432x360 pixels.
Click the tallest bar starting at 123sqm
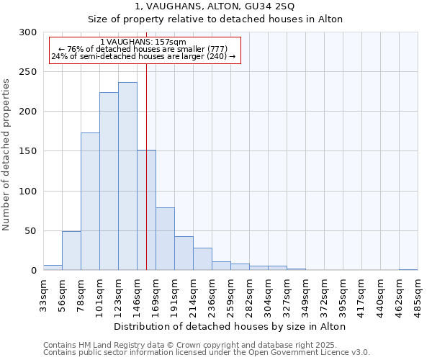[127, 176]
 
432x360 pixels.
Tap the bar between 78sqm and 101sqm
[90, 202]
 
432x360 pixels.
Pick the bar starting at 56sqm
[71, 251]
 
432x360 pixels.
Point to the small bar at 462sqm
[408, 269]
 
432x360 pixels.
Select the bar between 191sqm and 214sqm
[184, 253]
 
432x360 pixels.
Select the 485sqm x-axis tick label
[418, 294]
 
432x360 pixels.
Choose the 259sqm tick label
[231, 294]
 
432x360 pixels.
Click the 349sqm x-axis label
[306, 294]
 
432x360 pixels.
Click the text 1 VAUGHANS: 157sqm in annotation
[143, 42]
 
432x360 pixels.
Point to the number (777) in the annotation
[217, 49]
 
